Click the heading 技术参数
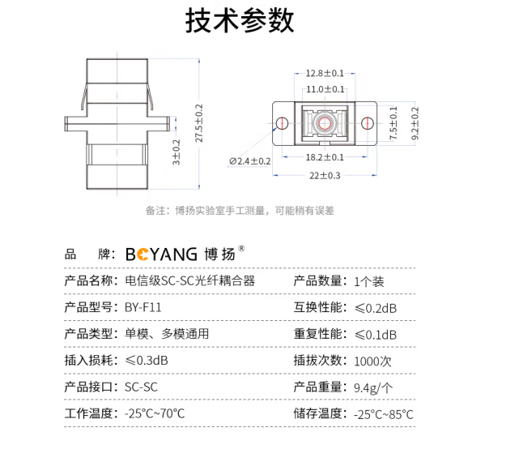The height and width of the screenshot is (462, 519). (240, 21)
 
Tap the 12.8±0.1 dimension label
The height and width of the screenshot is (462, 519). (325, 73)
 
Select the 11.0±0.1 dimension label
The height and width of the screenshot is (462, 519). (325, 89)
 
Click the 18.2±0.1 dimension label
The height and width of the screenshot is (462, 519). (325, 157)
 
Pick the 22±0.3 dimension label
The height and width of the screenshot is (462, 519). (325, 176)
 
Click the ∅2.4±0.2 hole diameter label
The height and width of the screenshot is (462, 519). (250, 161)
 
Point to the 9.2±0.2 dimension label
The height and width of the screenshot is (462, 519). (416, 124)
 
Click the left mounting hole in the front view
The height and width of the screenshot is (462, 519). (281, 124)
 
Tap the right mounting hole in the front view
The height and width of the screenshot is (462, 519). (368, 124)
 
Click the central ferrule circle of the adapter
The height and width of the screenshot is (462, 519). (325, 124)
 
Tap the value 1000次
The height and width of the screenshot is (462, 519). (373, 361)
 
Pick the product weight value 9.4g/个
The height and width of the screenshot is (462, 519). (373, 387)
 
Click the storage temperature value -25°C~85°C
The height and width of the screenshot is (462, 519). (384, 414)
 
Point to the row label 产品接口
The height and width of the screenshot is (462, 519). (91, 387)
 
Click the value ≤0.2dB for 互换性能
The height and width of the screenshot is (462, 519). (376, 308)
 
